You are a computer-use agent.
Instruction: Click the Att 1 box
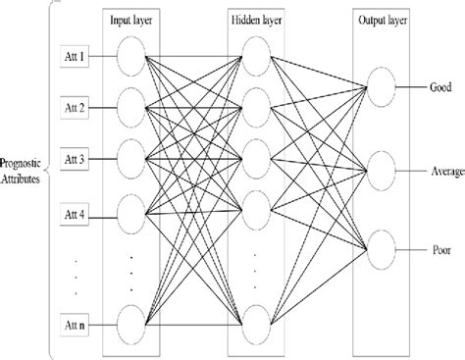pyautogui.click(x=76, y=56)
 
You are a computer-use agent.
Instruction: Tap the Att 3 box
pyautogui.click(x=76, y=158)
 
